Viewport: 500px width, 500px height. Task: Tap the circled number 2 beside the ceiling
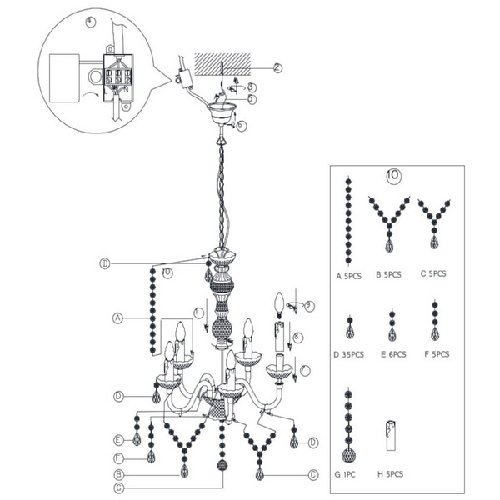(x=277, y=67)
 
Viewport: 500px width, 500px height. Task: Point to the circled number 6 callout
(x=241, y=125)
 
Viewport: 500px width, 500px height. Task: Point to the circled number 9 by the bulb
(x=309, y=306)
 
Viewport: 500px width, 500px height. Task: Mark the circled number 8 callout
(x=297, y=337)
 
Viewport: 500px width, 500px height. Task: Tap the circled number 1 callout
(x=197, y=312)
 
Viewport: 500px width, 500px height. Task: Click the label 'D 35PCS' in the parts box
(x=348, y=354)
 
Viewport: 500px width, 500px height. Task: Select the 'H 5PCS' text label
(x=392, y=474)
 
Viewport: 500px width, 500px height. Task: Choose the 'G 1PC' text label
(x=346, y=474)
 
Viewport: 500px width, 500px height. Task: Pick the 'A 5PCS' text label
(x=348, y=273)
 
